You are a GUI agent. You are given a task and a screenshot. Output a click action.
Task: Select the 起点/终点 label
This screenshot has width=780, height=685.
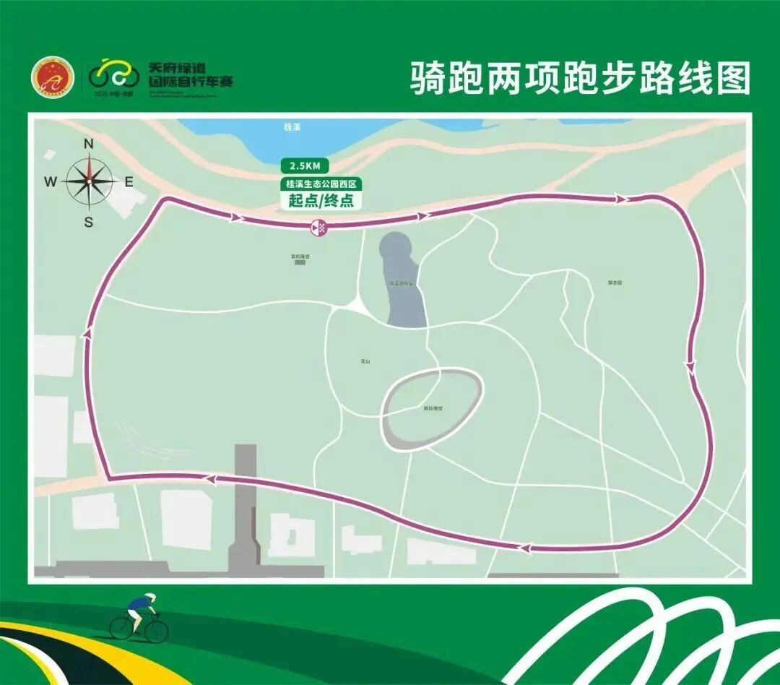pos(321,201)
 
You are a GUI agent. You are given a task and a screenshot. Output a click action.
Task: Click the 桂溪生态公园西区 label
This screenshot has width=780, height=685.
pos(321,184)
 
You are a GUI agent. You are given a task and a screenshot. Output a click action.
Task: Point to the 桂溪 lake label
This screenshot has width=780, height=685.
pos(292,126)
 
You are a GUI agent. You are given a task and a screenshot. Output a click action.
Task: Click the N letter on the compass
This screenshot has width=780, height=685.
pos(89,144)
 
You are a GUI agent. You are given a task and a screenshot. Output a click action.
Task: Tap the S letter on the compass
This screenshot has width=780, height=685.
pos(89,223)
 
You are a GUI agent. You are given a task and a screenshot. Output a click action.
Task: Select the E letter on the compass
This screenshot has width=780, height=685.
pos(129,182)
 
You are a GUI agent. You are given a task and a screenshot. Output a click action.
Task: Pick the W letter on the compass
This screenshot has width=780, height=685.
pos(51,182)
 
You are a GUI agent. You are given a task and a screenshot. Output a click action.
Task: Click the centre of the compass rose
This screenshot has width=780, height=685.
pos(90,181)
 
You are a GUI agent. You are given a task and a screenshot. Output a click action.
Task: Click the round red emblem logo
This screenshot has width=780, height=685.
pos(53,77)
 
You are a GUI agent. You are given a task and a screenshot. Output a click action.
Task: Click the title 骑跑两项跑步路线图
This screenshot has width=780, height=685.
pos(581,78)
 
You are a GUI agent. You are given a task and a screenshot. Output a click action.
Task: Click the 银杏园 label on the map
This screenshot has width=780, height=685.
pos(615,283)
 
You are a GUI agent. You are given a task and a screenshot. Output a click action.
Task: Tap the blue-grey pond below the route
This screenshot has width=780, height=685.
pos(403,282)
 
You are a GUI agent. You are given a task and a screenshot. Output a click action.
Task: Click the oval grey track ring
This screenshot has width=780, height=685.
pos(432,410)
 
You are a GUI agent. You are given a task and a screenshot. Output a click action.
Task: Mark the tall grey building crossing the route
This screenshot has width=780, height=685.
pos(245,506)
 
